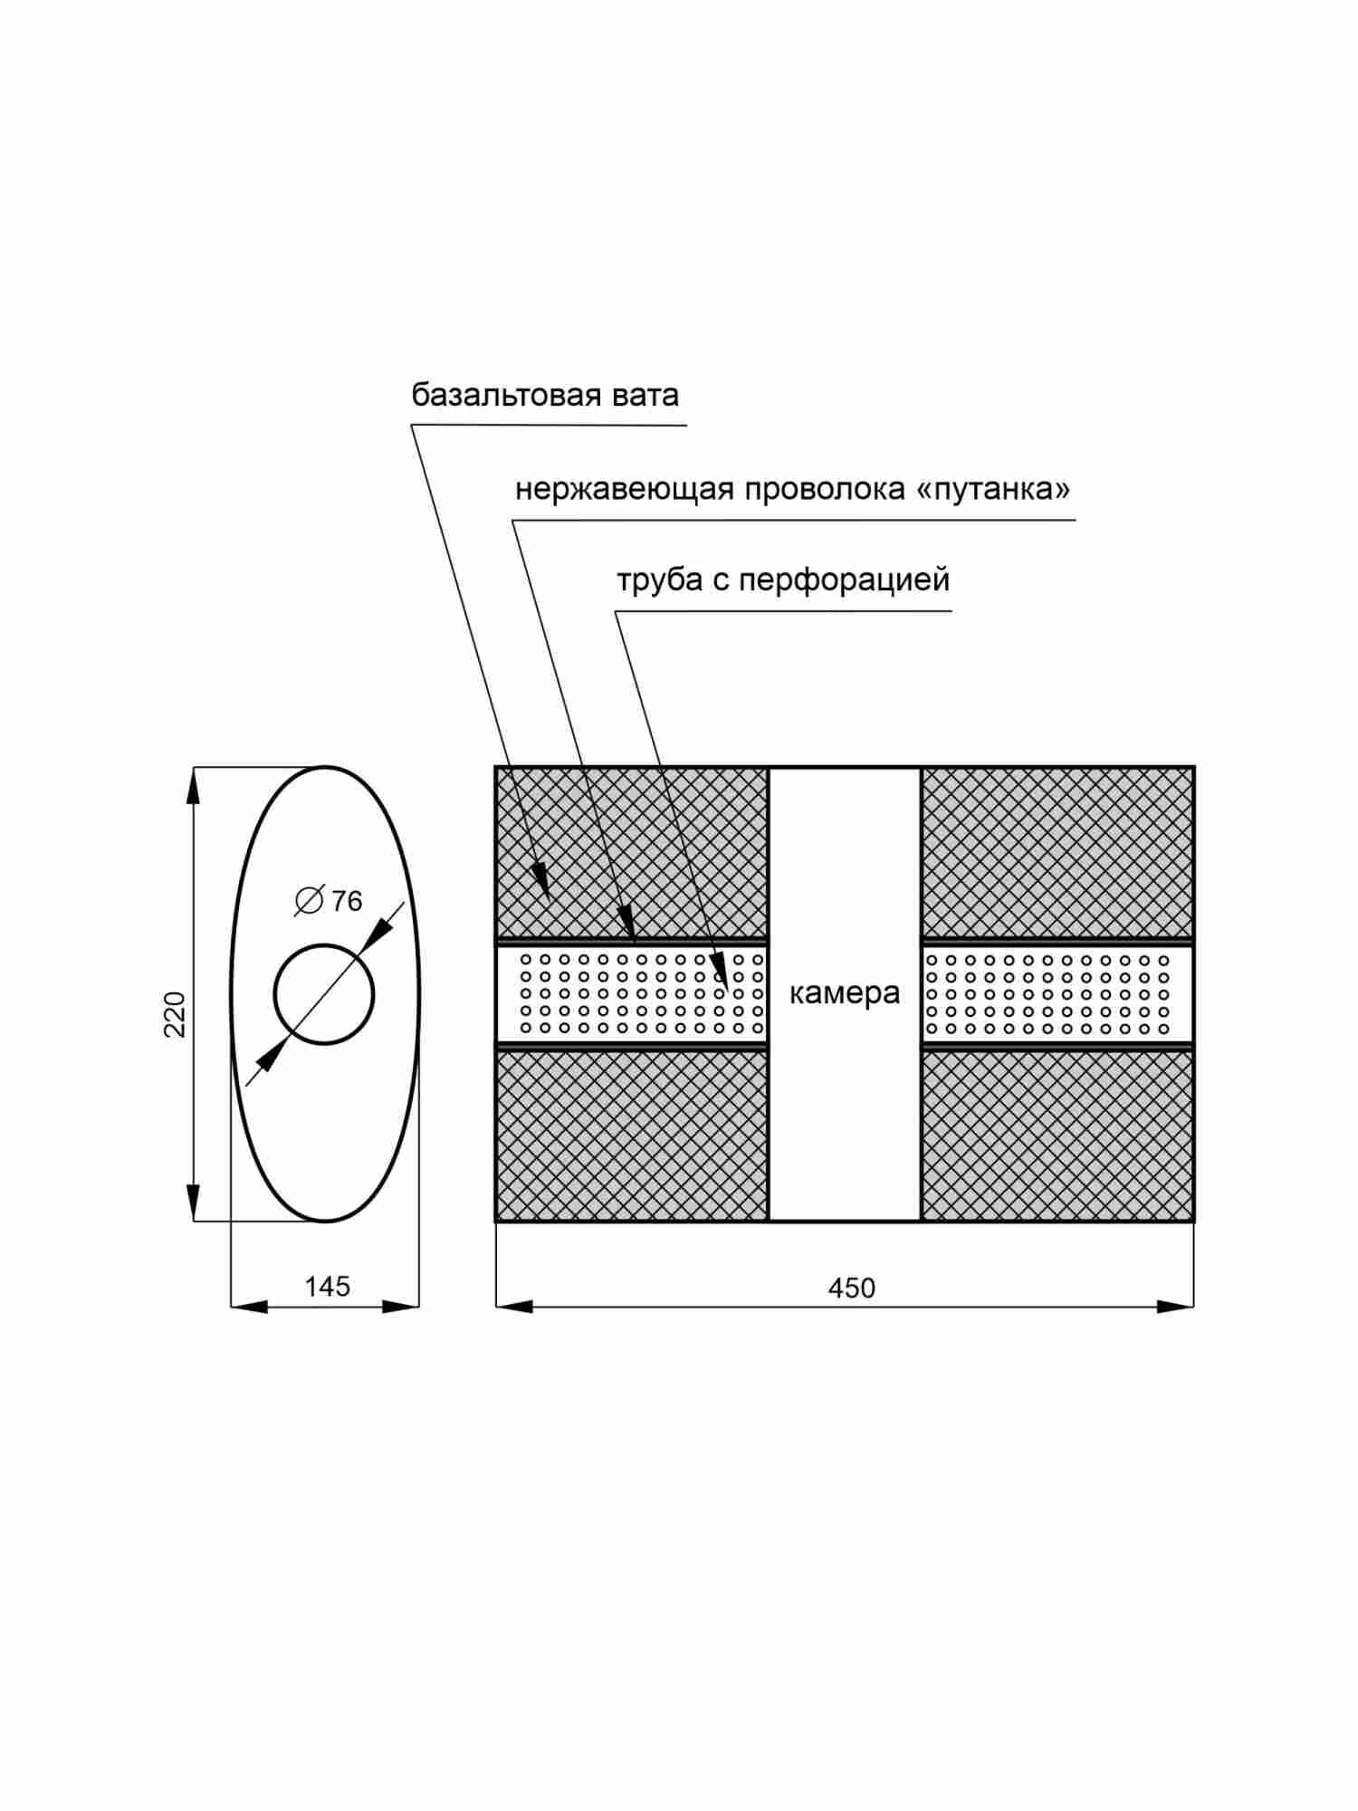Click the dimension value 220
(175, 1014)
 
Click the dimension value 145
(327, 1287)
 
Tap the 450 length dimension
(851, 1289)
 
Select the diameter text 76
(347, 902)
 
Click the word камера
(845, 993)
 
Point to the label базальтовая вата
(545, 396)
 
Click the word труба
(660, 580)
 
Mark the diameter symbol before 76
(309, 901)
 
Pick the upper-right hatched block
(1057, 851)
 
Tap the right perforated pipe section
(1057, 993)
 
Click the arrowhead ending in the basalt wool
(541, 879)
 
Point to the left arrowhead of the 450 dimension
(514, 1307)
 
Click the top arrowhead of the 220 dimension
(193, 786)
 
